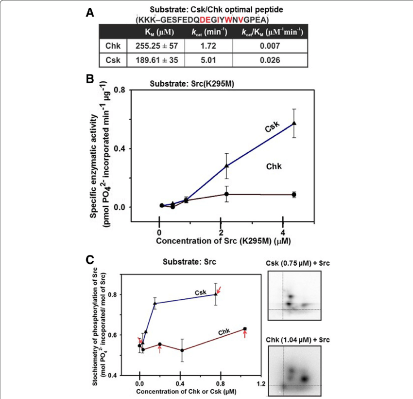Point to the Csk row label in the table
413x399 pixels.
113,60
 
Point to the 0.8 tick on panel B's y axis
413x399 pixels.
119,90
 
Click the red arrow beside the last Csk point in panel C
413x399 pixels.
220,290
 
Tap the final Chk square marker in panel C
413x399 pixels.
245,329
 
